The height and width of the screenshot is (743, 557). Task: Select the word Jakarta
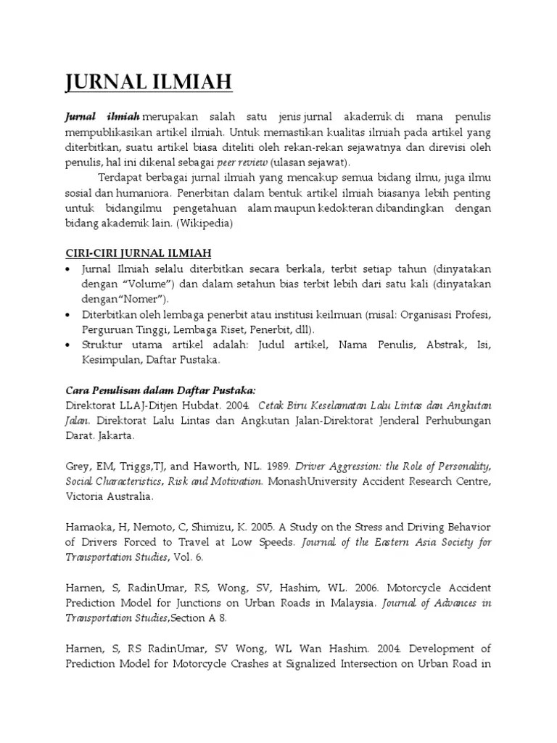tap(113, 437)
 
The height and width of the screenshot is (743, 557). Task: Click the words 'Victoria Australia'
tap(109, 497)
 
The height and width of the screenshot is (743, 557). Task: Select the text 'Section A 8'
tap(202, 618)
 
